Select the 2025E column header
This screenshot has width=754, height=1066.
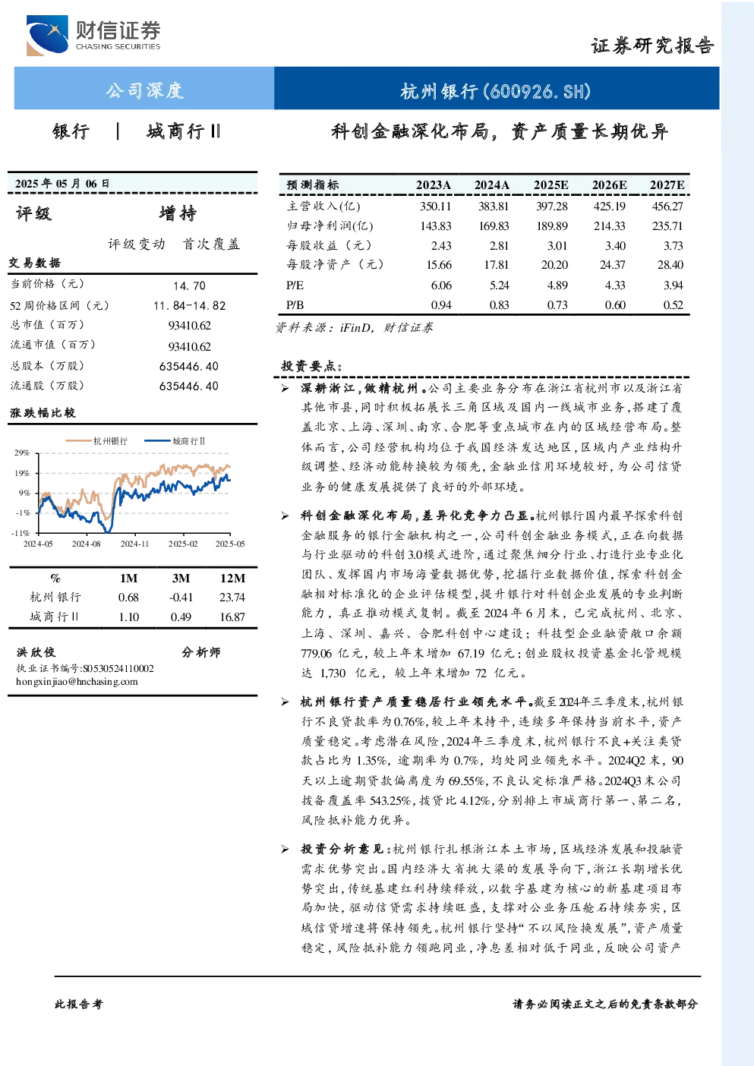(551, 185)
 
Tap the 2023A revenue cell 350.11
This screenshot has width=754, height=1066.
(435, 206)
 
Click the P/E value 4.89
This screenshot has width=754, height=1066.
(557, 285)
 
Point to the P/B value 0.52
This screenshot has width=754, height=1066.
(673, 305)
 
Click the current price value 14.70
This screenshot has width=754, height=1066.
(190, 285)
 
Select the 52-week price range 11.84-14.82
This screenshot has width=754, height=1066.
(190, 305)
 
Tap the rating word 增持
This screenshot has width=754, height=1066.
(178, 213)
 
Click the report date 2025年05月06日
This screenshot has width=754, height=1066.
(62, 184)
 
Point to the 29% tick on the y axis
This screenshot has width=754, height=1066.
(22, 453)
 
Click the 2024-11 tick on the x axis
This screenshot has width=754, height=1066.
(134, 544)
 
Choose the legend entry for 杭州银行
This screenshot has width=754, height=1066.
(96, 441)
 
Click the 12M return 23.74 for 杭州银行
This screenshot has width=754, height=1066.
(232, 598)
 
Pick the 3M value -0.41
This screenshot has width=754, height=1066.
(181, 598)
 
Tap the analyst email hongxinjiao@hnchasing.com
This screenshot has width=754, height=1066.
(77, 682)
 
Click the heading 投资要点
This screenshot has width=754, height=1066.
(311, 366)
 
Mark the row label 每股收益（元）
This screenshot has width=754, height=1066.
(329, 245)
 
